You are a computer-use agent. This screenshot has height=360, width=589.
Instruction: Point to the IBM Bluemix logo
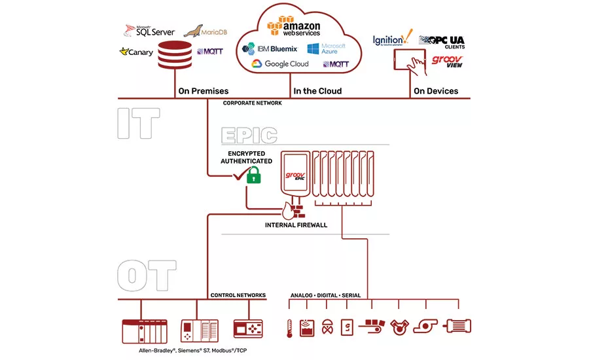[270, 48]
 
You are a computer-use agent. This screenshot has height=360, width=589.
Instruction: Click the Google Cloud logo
[280, 64]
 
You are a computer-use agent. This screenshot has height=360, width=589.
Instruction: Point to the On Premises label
[203, 91]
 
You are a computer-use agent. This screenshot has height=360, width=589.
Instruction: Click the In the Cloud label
[317, 91]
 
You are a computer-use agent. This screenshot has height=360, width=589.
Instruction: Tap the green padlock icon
[253, 175]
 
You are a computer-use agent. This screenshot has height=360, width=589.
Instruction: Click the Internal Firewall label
[295, 225]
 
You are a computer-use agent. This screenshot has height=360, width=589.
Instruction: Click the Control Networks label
[238, 295]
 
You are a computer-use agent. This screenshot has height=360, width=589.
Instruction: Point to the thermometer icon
[289, 327]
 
